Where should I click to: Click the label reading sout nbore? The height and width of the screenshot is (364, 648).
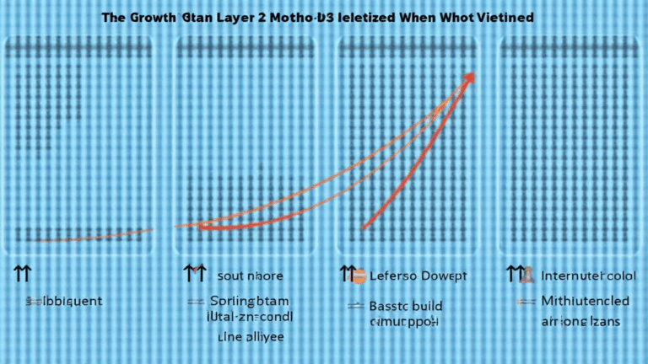[250, 276]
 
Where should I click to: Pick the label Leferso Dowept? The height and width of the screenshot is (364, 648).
[418, 276]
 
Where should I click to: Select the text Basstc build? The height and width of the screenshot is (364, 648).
[406, 306]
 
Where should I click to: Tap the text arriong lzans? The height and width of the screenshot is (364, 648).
[582, 321]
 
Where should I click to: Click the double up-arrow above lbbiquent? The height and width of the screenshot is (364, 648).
[22, 274]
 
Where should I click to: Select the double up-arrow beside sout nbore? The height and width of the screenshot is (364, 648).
[194, 274]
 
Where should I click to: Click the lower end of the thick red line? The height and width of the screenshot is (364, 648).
[364, 228]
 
